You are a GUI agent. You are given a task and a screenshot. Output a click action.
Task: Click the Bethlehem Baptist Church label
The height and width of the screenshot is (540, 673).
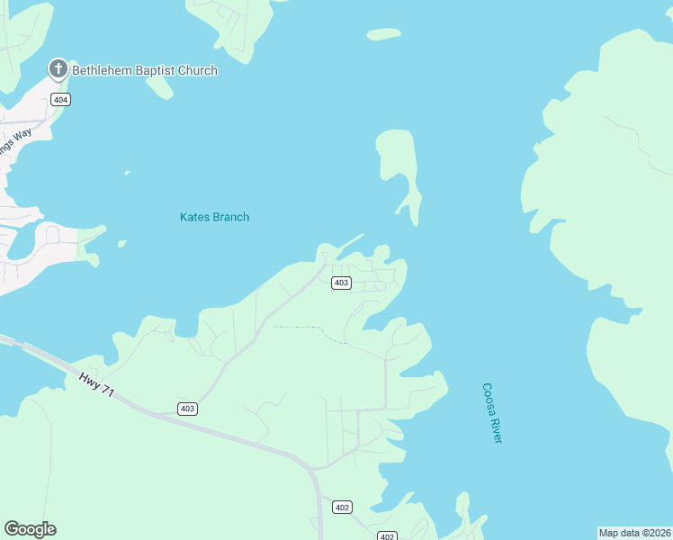[144, 70]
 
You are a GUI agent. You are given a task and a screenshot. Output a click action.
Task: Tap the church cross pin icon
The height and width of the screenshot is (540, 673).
[58, 68]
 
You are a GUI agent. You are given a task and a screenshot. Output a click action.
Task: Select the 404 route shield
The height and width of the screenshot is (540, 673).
[60, 99]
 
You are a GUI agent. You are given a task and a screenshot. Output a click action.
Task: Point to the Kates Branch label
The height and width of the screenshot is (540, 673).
[214, 217]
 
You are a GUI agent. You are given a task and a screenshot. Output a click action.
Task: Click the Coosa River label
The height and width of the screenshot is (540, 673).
[491, 412]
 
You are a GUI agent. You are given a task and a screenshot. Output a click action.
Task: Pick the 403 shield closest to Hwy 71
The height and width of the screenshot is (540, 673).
[187, 409]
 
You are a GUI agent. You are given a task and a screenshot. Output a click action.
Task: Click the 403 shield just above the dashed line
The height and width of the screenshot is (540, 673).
[340, 283]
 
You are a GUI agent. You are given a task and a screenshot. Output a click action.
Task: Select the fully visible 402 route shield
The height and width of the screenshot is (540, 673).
[341, 506]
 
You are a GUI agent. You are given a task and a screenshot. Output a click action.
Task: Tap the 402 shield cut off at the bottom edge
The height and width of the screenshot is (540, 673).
[387, 536]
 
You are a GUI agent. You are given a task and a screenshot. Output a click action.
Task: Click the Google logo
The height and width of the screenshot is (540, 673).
[30, 529]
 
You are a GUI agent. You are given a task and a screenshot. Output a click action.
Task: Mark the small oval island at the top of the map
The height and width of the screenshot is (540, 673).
[384, 34]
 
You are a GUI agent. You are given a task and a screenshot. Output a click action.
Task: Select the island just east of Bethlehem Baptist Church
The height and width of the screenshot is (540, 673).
[159, 86]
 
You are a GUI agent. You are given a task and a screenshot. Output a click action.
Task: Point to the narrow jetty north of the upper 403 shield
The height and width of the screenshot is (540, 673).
[346, 243]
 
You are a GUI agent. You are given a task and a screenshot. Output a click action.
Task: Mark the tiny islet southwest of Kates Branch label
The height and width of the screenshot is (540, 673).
[121, 242]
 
